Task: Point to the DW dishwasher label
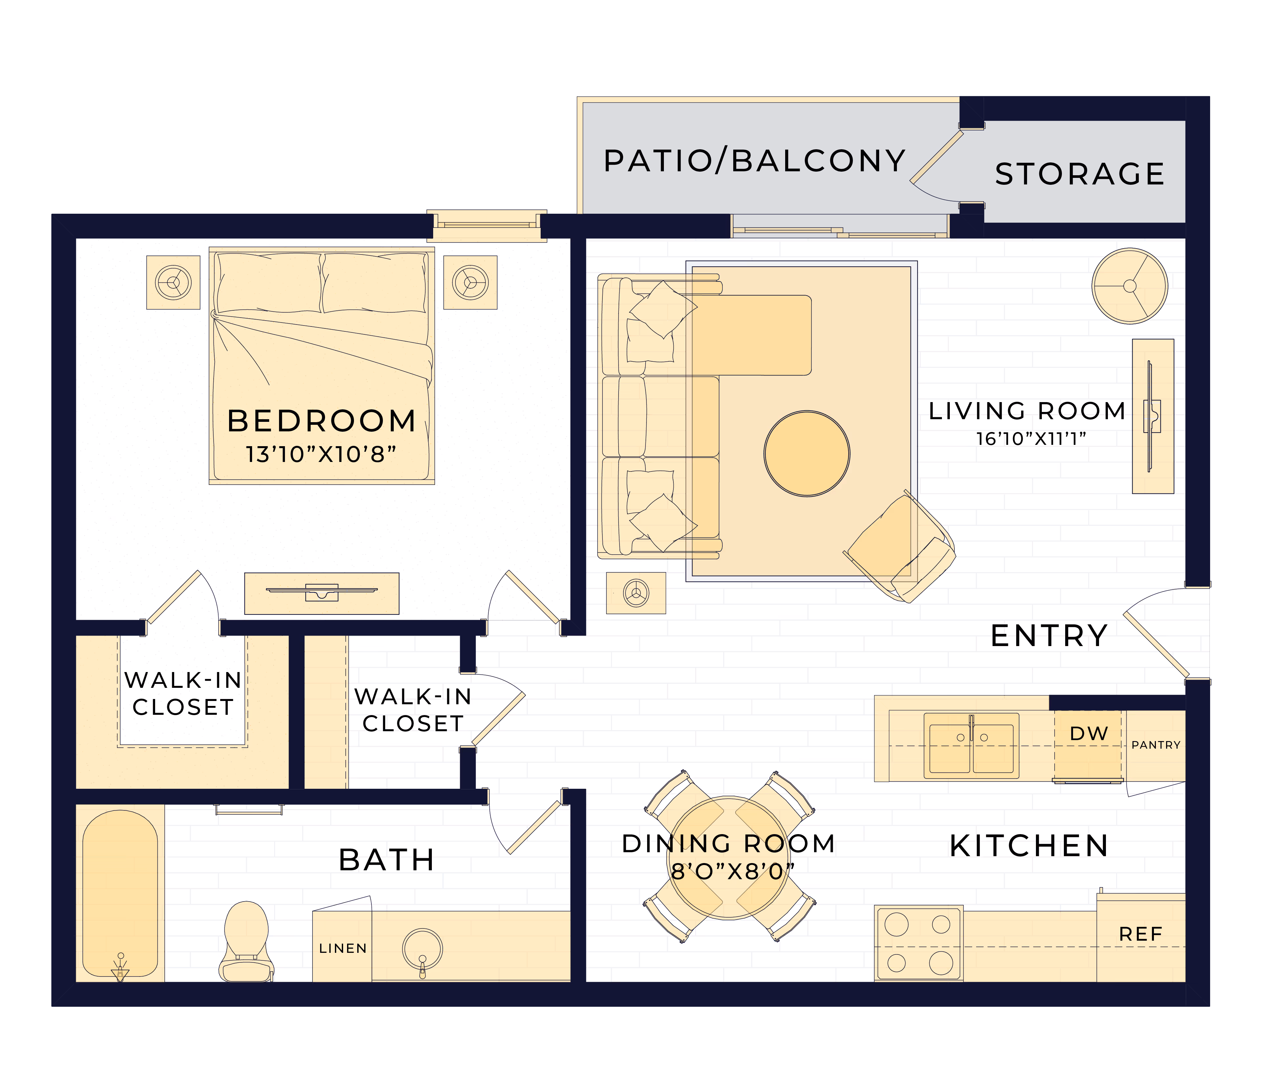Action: pos(1089,734)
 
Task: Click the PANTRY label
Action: pos(1156,745)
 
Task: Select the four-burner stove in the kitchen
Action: pos(919,944)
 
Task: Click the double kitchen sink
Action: pos(971,745)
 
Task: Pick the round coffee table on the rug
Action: pos(807,453)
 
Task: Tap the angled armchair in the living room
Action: pos(901,548)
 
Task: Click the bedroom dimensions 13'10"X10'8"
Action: pos(321,454)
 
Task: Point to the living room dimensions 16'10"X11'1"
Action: pos(1031,439)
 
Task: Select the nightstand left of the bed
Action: pos(174,282)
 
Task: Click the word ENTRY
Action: pos(1049,636)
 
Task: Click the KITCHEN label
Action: pos(1029,846)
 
